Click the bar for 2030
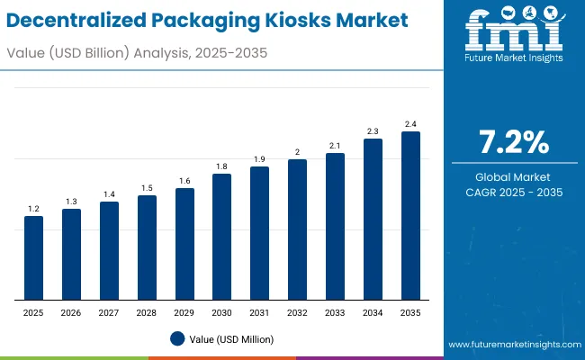[x=221, y=237]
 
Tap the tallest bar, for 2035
[x=410, y=216]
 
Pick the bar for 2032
[x=297, y=229]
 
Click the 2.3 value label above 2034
[x=373, y=130]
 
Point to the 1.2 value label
[x=33, y=209]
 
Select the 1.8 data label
[x=221, y=166]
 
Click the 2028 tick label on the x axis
[x=147, y=313]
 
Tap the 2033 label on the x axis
[x=335, y=313]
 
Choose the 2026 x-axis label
[x=71, y=313]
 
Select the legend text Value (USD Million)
[x=231, y=339]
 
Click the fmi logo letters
[x=514, y=32]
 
